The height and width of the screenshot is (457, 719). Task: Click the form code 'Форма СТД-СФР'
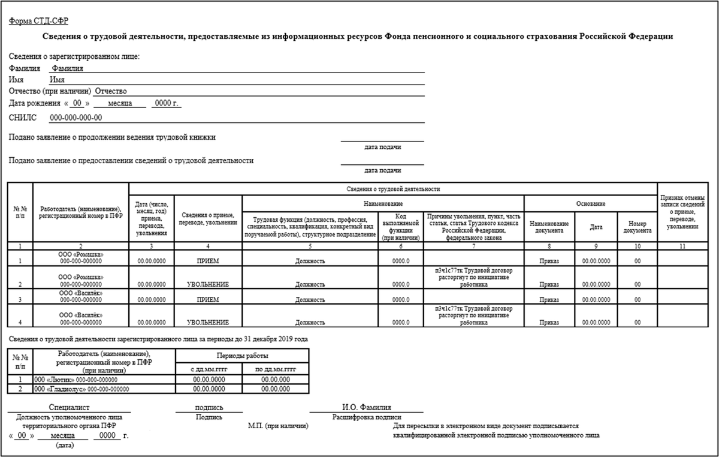[x=38, y=21]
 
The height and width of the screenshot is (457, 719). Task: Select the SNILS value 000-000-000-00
[x=75, y=118]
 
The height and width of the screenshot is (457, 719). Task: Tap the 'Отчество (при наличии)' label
[x=50, y=91]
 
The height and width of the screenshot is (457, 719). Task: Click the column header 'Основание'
[x=591, y=204]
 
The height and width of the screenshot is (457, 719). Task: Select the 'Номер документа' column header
[x=638, y=227]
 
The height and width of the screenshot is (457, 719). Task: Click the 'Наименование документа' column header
[x=549, y=227]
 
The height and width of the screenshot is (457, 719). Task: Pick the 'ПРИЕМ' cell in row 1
[x=208, y=261]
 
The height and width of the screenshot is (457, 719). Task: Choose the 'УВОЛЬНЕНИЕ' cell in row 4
[x=208, y=322]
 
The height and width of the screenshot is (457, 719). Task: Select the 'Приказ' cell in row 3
[x=549, y=299]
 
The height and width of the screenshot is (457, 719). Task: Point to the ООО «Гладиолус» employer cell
[x=81, y=389]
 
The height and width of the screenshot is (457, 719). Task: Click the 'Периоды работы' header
[x=242, y=356]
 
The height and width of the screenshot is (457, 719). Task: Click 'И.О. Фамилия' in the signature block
[x=366, y=407]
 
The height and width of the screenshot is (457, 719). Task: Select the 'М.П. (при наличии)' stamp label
[x=278, y=426]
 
